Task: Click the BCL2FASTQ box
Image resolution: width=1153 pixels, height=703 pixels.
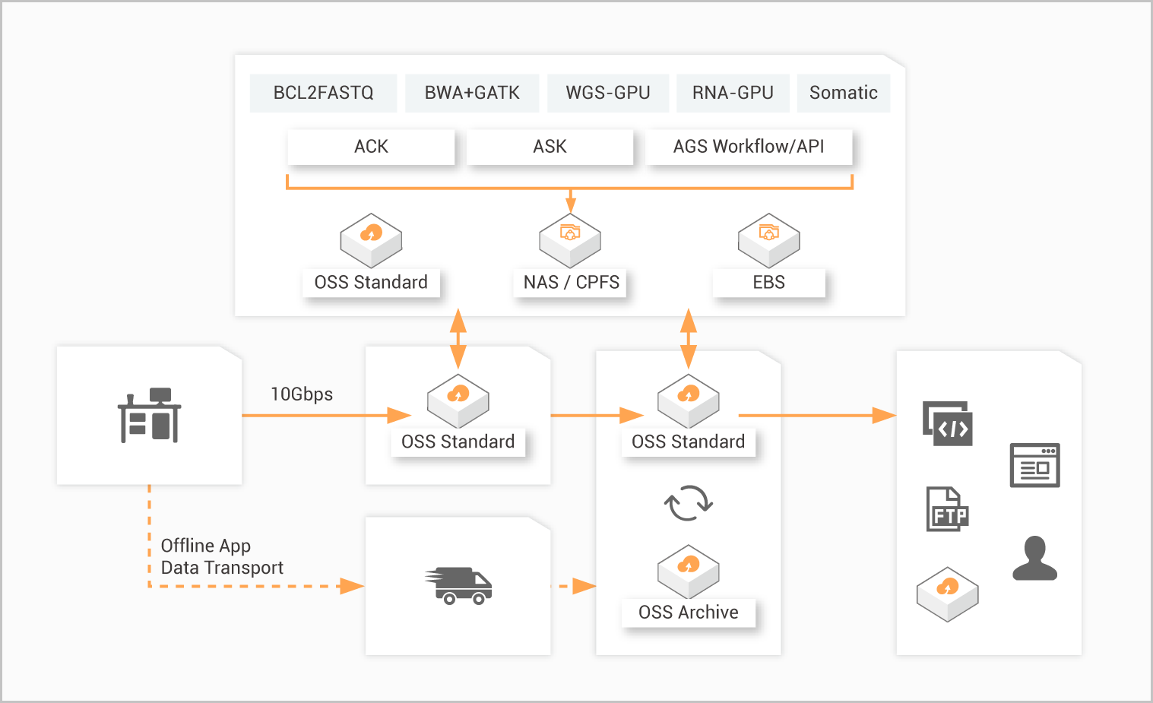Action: tap(323, 93)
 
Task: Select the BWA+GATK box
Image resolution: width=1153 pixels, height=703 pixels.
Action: tap(472, 93)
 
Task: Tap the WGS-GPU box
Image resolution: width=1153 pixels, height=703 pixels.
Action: tap(608, 93)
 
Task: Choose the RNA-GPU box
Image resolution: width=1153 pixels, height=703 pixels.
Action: tap(733, 93)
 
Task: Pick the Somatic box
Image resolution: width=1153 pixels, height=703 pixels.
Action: tap(844, 93)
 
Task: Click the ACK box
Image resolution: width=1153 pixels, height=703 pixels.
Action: tap(371, 147)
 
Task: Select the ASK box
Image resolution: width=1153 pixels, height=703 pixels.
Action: tap(550, 147)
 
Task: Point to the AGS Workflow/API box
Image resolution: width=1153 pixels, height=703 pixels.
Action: tap(749, 147)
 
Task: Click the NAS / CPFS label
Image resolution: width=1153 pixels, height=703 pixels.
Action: tap(571, 283)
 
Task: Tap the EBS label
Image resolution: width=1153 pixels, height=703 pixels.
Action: tap(768, 283)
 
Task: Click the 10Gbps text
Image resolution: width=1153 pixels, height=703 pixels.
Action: tap(302, 394)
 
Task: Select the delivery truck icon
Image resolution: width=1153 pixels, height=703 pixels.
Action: tap(458, 586)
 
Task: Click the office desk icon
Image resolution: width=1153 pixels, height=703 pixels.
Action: tap(150, 416)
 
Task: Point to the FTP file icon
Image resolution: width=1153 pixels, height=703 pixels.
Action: tap(947, 509)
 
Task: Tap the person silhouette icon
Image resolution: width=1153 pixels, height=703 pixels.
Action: tap(1034, 559)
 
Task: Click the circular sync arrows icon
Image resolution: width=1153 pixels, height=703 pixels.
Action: tap(688, 503)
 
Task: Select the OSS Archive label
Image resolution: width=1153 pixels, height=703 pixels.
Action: tap(688, 613)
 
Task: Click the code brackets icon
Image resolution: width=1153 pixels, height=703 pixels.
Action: tap(948, 423)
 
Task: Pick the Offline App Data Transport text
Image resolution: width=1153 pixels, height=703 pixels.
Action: tap(221, 557)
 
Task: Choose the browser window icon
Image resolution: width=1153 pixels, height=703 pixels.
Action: tap(1034, 465)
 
